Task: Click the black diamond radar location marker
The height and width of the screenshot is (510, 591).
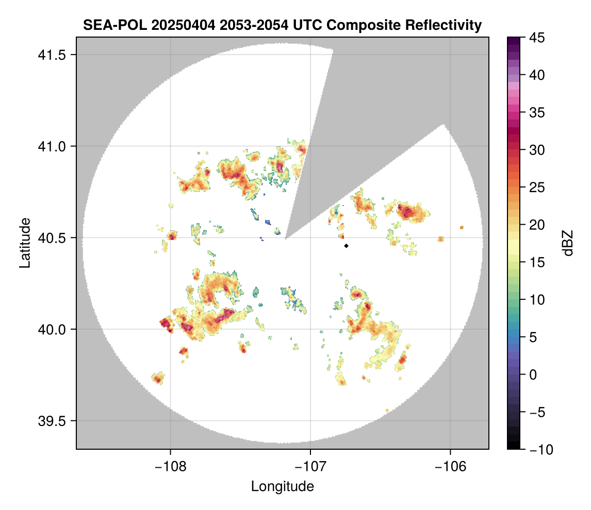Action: click(x=347, y=246)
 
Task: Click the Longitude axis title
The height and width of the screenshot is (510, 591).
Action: click(x=282, y=486)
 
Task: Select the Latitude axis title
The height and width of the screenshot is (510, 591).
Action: click(x=25, y=242)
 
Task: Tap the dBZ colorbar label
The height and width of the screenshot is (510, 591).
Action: click(x=568, y=243)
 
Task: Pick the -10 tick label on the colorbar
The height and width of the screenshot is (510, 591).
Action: click(x=538, y=450)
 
